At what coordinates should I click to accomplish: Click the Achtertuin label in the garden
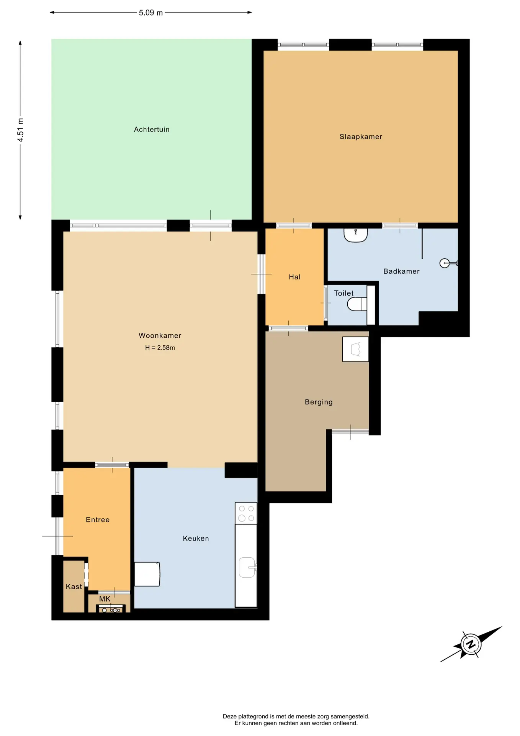152,130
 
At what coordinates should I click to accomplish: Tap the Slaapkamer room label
361,137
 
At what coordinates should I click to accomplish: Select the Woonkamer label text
160,336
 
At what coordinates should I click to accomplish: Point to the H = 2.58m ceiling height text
160,348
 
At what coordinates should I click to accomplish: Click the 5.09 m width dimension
151,13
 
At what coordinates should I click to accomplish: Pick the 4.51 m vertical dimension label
21,130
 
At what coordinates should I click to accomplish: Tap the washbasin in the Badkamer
356,235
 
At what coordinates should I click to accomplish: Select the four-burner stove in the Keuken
246,513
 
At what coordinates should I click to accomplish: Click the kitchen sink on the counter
248,567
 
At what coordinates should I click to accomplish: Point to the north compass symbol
471,644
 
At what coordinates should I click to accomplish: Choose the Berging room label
319,402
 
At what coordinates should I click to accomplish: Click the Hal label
294,277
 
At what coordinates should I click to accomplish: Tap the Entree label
98,520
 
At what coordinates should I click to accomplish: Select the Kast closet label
74,586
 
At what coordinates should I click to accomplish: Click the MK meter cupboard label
105,599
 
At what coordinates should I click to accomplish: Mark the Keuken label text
196,539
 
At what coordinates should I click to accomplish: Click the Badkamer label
401,271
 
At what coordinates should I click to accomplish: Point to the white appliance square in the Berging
355,349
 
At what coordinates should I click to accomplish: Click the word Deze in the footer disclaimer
230,716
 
